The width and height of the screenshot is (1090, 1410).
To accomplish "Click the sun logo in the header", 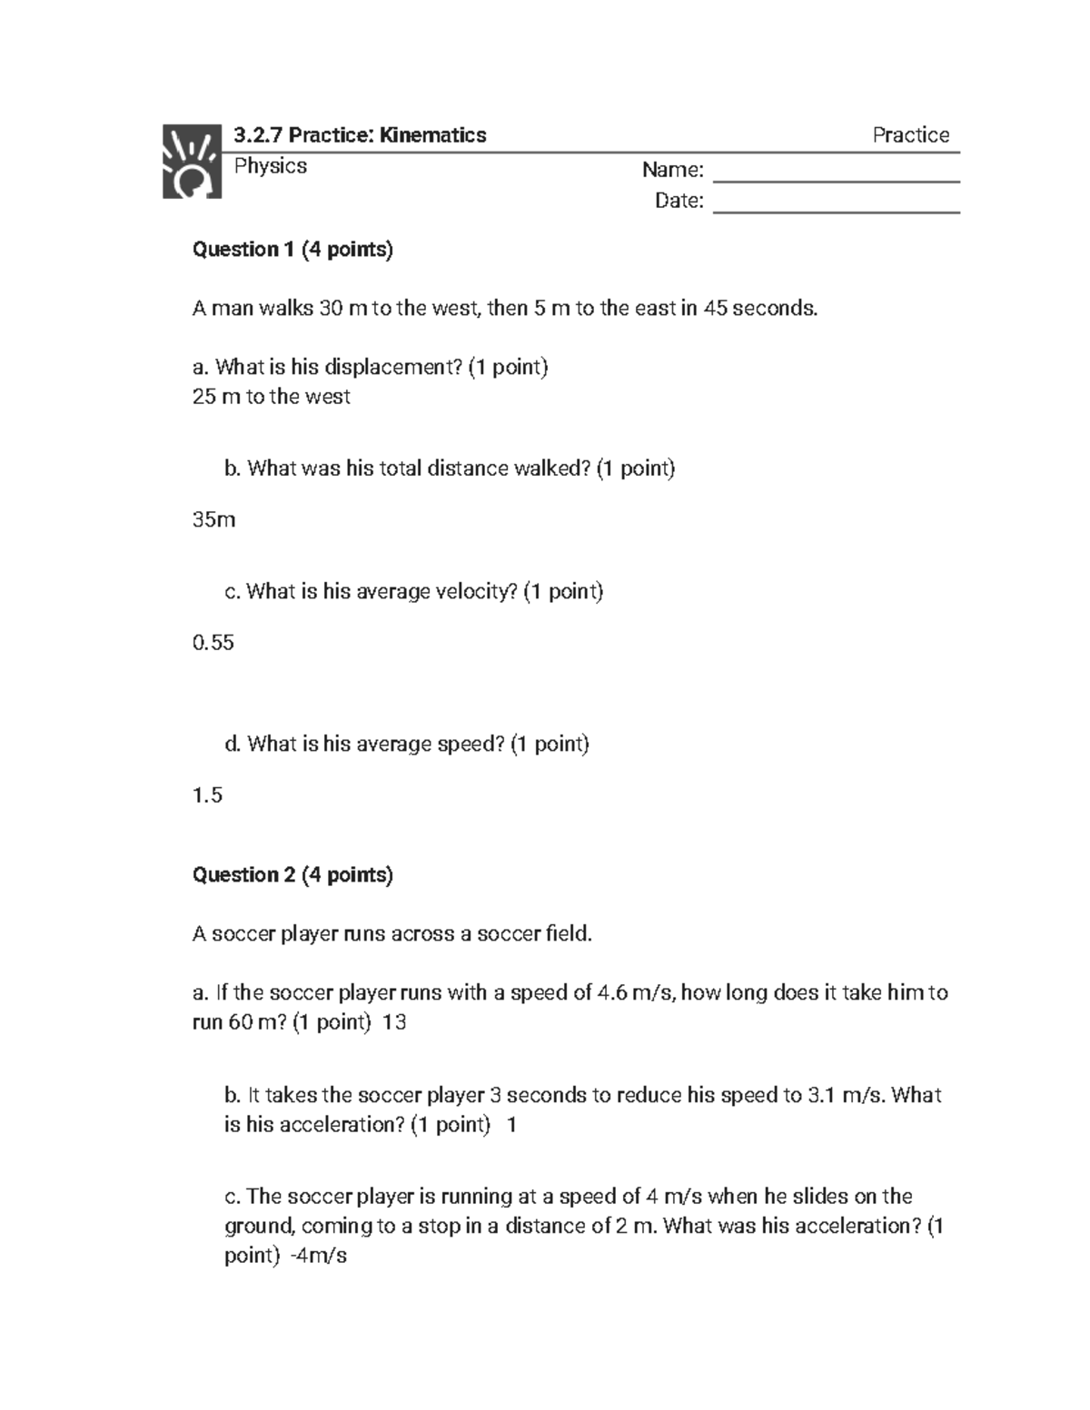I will [192, 162].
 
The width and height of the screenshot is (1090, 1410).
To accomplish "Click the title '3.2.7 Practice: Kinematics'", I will [360, 135].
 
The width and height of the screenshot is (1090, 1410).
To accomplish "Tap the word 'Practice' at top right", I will [910, 135].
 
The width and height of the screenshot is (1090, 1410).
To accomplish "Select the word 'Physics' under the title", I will [270, 166].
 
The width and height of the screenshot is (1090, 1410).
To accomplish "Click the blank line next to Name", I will [836, 173].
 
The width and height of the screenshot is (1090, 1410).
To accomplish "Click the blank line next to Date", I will [836, 202].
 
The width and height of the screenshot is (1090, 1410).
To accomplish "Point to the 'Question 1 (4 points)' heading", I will [292, 250].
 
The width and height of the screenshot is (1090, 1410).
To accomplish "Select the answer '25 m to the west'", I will [271, 397].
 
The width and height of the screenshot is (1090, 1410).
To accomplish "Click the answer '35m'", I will [213, 520].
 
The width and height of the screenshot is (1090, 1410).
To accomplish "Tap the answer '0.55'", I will [213, 643].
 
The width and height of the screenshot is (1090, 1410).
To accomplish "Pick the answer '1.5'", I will [207, 795].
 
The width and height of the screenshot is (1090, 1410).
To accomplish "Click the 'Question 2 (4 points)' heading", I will [292, 875].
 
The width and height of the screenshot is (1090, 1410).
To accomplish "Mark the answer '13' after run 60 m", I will [394, 1022].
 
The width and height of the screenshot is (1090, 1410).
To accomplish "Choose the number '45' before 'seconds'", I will [715, 309].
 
